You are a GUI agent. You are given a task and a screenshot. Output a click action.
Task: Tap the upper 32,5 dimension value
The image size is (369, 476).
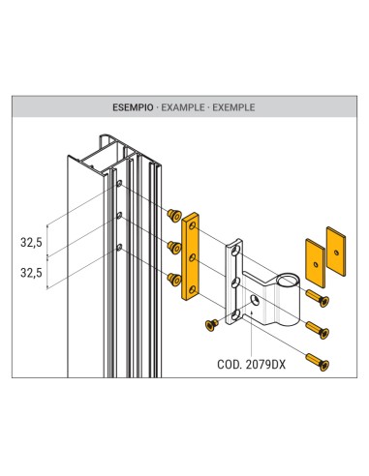point(31,244)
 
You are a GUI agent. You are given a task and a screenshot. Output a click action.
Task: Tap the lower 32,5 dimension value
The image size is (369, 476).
point(31,274)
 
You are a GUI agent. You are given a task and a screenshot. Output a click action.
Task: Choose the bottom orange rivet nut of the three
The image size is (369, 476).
point(174,280)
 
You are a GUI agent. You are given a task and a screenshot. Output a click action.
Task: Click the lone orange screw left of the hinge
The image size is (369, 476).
point(209,326)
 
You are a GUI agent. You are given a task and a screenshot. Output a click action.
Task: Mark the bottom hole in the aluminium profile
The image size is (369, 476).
point(119,248)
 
